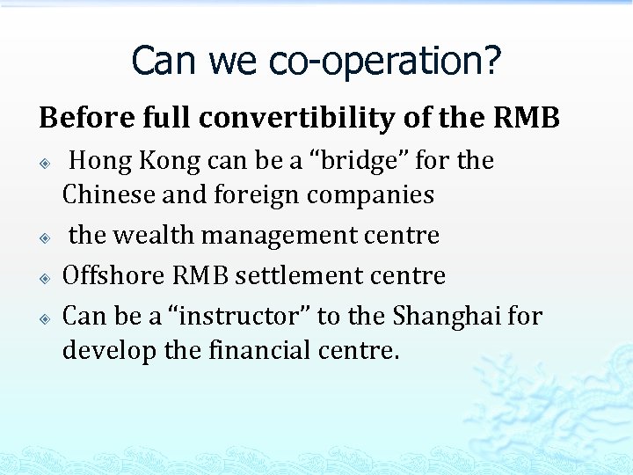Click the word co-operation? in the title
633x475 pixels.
[x=385, y=61]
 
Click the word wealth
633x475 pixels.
[x=154, y=235]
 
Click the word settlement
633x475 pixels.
[x=296, y=275]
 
